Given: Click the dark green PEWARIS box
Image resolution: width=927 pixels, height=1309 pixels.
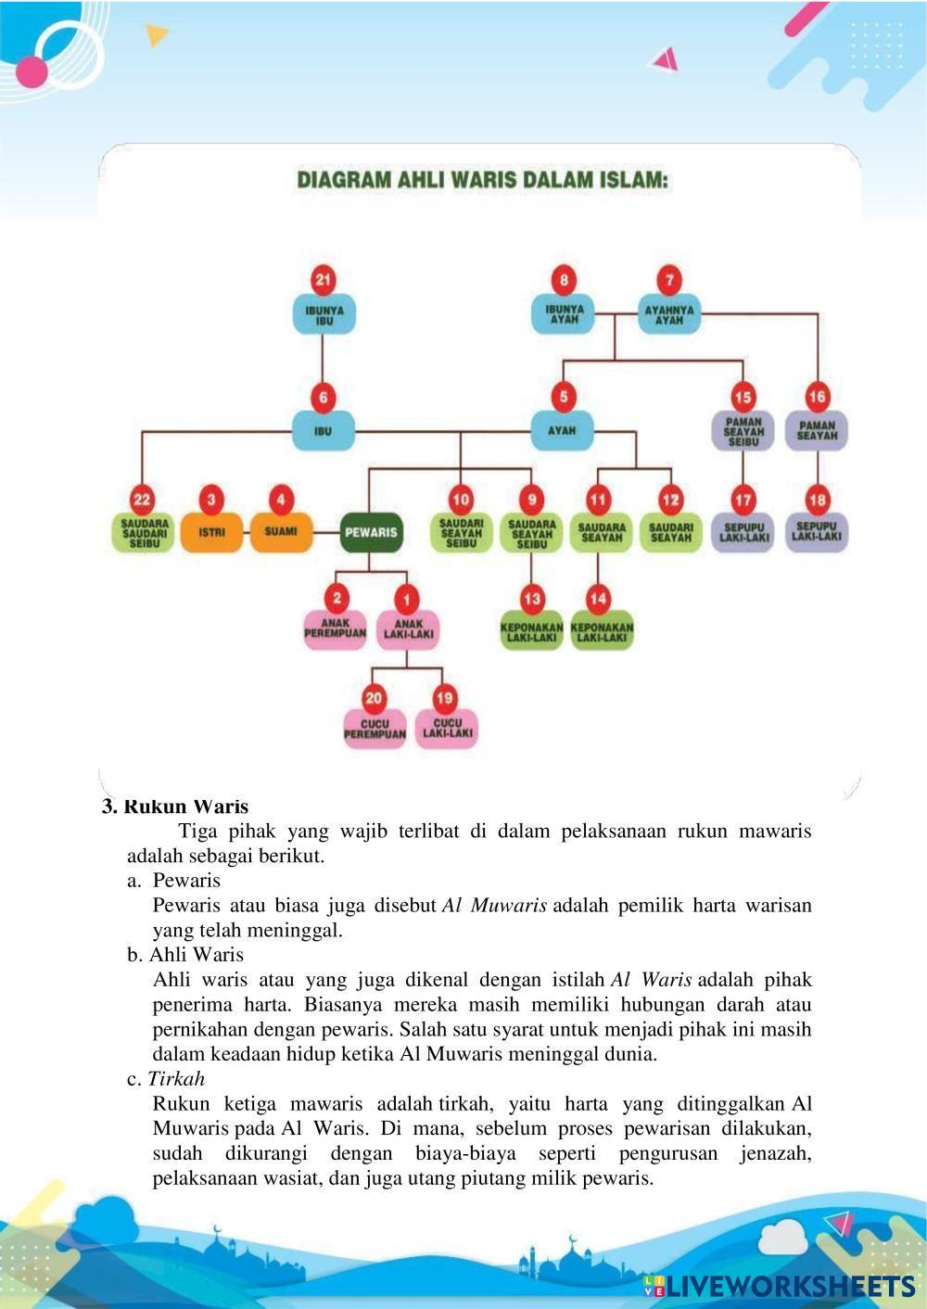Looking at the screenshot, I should (371, 532).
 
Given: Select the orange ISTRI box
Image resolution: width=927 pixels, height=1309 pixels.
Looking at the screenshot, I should (211, 532).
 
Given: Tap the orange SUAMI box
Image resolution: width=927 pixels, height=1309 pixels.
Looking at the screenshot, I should (281, 532).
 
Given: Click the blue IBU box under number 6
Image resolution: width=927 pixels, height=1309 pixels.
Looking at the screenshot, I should (323, 430).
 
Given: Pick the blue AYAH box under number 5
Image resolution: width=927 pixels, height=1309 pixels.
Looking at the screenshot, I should (562, 430).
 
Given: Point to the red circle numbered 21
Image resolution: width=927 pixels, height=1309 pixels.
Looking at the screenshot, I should (323, 280).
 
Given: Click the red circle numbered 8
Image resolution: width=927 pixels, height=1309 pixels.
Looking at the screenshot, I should (563, 280).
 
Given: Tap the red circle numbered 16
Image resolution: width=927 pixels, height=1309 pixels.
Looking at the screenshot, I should (817, 397).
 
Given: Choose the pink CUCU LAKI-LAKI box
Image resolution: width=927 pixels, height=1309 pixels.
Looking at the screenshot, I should (447, 729).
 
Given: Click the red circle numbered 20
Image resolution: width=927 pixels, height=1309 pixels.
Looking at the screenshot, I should (375, 698).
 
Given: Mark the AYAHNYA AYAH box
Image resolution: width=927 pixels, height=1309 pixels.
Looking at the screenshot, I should (668, 315).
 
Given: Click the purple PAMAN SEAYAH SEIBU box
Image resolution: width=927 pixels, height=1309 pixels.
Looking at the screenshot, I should (743, 432).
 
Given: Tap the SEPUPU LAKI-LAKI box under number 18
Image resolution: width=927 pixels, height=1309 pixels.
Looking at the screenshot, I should (817, 533).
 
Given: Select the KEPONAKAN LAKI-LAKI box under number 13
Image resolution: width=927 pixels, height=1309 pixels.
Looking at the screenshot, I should (531, 632).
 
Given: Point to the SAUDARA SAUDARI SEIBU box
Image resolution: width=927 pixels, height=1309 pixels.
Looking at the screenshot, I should (143, 533).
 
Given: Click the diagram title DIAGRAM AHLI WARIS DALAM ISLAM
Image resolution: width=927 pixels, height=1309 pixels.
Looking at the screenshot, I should (482, 180).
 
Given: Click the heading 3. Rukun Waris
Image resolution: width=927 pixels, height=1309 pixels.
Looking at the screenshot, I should (175, 807).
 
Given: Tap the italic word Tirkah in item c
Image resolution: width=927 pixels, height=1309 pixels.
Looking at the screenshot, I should (176, 1079).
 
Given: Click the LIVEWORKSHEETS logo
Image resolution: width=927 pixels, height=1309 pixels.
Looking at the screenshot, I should (779, 1286).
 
